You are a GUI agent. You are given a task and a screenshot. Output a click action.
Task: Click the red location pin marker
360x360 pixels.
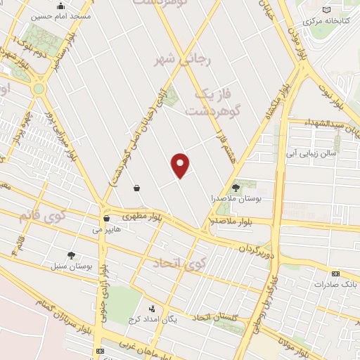tap(181, 165)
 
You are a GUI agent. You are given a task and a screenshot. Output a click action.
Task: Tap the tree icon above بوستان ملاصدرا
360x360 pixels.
tap(236, 188)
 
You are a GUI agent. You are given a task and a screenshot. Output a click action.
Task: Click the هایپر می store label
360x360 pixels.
tap(103, 229)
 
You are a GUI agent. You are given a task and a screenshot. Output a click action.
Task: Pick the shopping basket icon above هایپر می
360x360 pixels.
tap(106, 218)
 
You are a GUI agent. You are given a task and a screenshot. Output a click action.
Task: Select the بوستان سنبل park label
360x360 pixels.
tap(68, 266)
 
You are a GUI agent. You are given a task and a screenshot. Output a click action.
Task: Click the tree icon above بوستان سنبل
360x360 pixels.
tap(71, 255)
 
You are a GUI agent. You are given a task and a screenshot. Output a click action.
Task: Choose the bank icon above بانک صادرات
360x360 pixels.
tap(335, 274)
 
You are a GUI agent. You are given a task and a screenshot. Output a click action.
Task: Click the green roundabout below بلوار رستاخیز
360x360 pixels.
tap(38, 89)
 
